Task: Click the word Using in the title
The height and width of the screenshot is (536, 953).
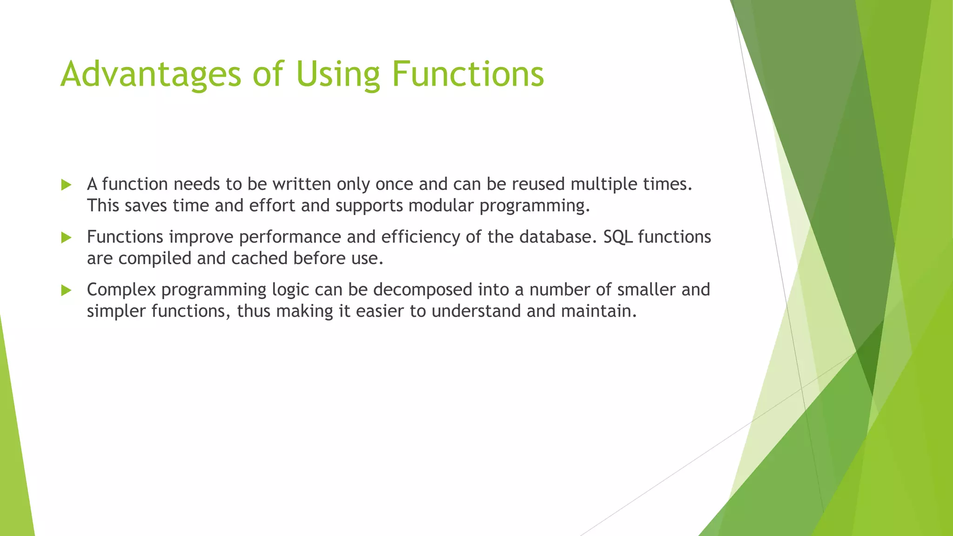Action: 338,74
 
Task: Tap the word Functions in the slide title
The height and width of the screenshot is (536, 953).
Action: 468,74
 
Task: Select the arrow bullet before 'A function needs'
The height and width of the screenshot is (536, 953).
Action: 66,185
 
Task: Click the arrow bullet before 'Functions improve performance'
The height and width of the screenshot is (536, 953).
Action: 66,238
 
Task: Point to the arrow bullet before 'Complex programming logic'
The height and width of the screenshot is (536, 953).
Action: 66,291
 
